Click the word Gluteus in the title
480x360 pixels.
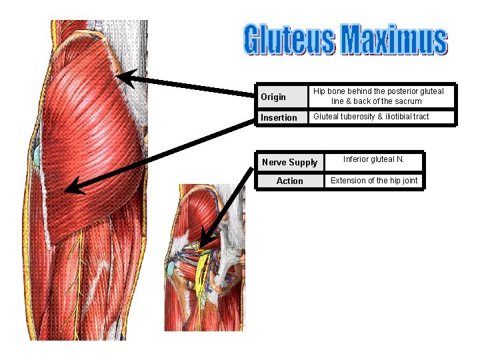tap(289, 39)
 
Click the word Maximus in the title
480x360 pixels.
tap(393, 39)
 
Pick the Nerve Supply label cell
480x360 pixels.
tap(289, 163)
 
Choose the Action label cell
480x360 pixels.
tap(289, 181)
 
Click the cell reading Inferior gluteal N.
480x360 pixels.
tap(373, 159)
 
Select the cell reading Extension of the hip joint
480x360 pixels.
tap(374, 181)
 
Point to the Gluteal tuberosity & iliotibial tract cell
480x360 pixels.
tap(371, 117)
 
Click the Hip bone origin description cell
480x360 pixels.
tap(378, 96)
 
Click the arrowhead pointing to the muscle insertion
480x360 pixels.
tap(72, 187)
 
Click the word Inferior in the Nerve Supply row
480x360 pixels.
tap(356, 159)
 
